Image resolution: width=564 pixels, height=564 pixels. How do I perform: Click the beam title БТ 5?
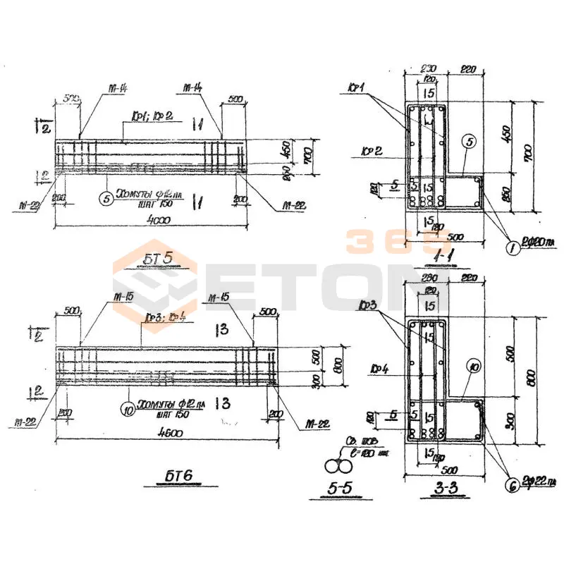pyautogui.click(x=159, y=259)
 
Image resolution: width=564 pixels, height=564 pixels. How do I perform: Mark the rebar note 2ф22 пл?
pyautogui.click(x=541, y=482)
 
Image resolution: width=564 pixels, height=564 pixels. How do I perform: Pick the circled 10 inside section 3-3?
pyautogui.click(x=473, y=367)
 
